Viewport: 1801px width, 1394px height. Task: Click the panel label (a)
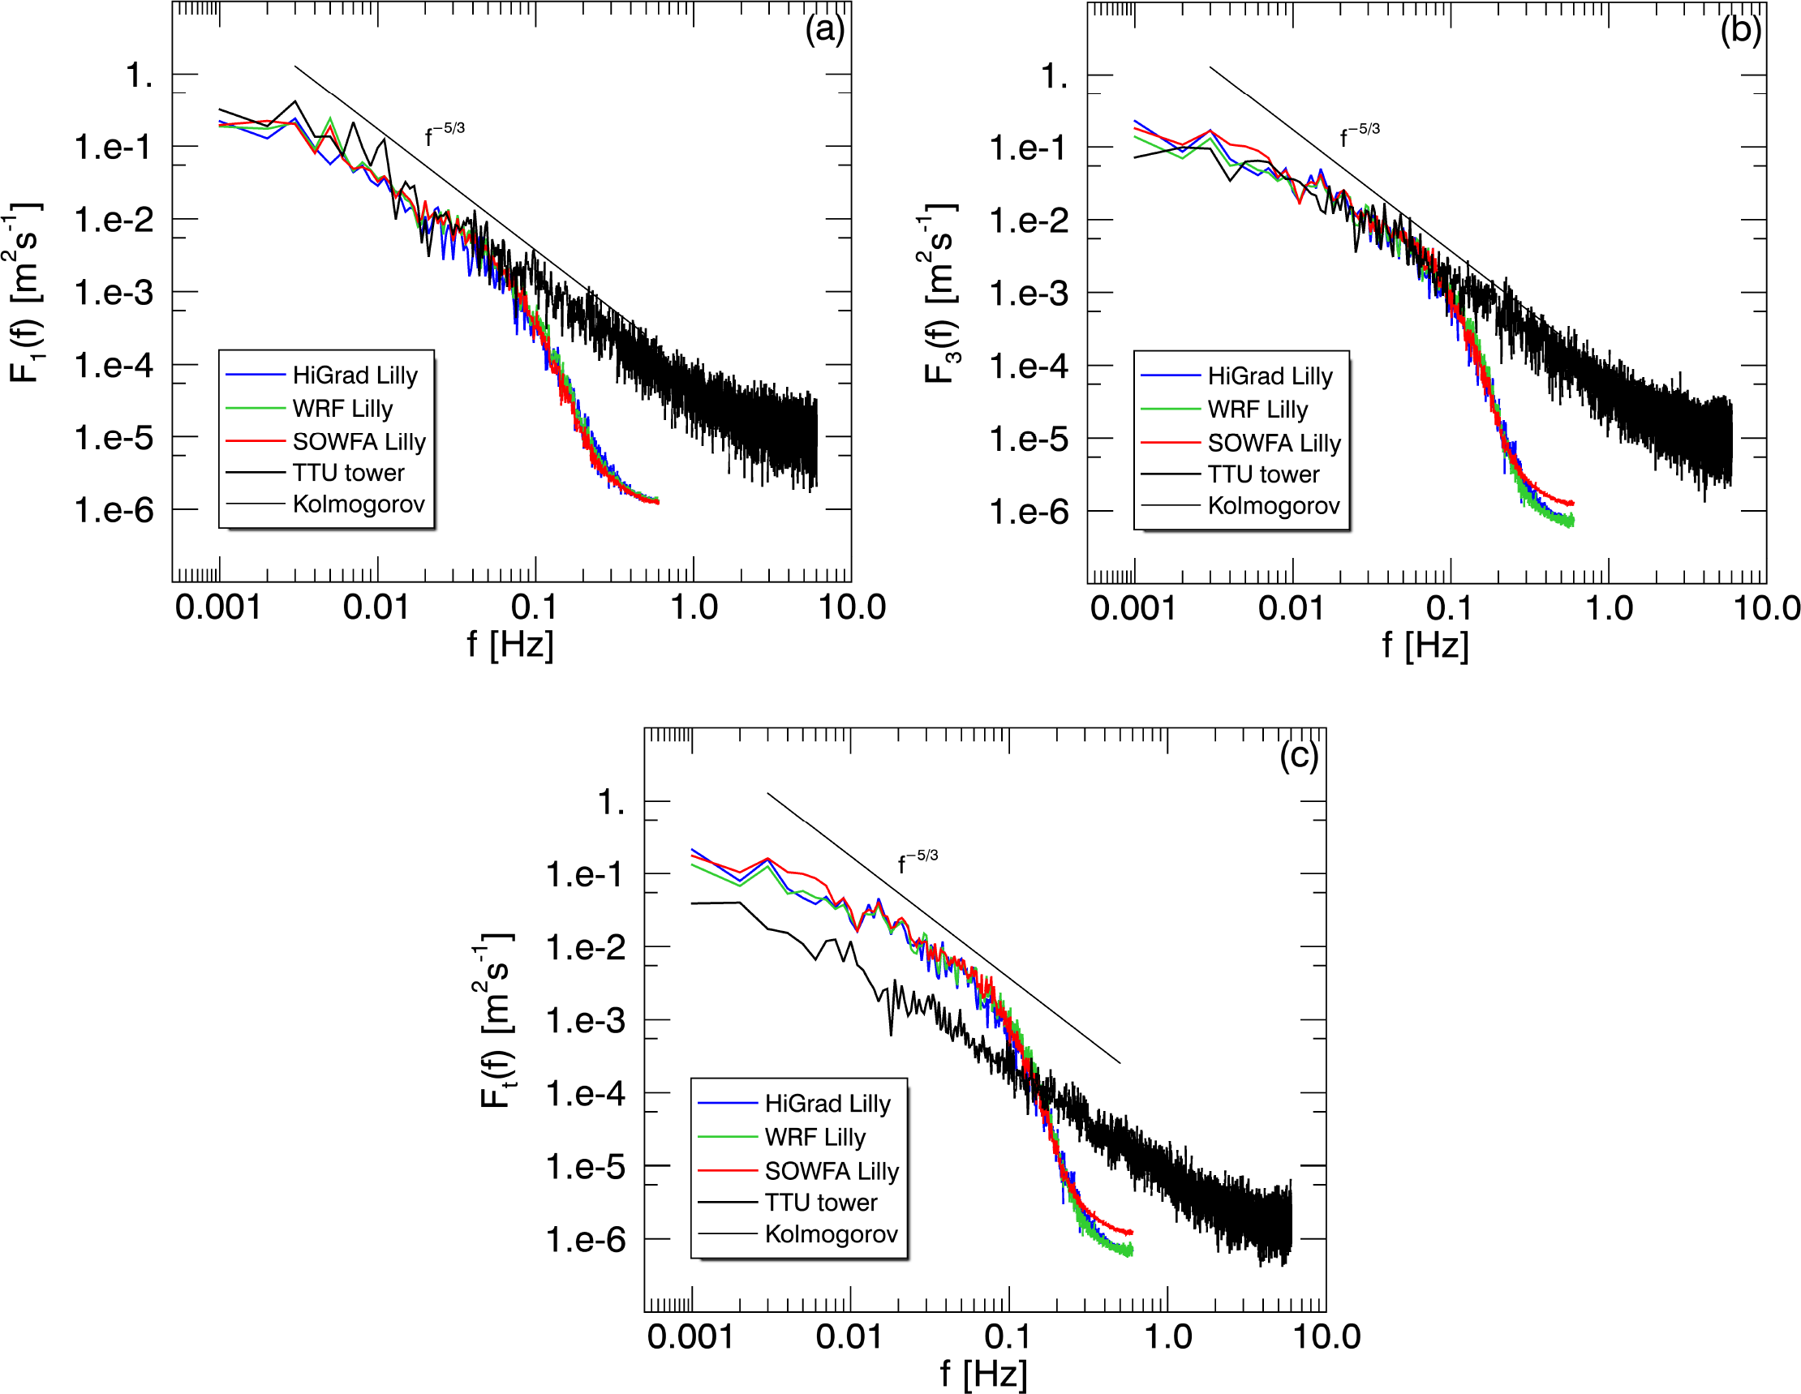pyautogui.click(x=824, y=31)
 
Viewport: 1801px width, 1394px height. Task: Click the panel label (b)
pyautogui.click(x=1740, y=31)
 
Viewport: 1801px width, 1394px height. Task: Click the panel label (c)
pyautogui.click(x=1299, y=755)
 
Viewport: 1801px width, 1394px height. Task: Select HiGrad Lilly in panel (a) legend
pyautogui.click(x=355, y=375)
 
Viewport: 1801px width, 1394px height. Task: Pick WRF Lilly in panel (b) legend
pyautogui.click(x=1257, y=409)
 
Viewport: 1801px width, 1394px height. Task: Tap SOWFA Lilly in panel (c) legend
pyautogui.click(x=832, y=1171)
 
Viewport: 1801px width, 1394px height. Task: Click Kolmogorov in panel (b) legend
pyautogui.click(x=1273, y=505)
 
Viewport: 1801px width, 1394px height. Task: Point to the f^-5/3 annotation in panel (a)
pyautogui.click(x=445, y=134)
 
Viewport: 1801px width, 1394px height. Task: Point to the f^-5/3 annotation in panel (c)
pyautogui.click(x=917, y=861)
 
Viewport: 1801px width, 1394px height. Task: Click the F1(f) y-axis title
pyautogui.click(x=24, y=293)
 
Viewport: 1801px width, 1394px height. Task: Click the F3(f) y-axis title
pyautogui.click(x=940, y=293)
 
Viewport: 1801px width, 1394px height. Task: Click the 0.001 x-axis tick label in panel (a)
pyautogui.click(x=217, y=607)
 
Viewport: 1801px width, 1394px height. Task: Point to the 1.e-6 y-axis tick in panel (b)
pyautogui.click(x=1029, y=512)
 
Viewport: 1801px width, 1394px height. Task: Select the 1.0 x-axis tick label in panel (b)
pyautogui.click(x=1608, y=608)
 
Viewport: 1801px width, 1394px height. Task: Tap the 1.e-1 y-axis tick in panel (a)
pyautogui.click(x=113, y=148)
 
